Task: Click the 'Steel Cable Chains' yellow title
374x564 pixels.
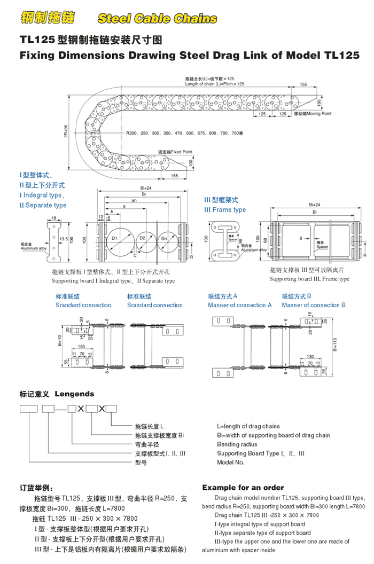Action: pyautogui.click(x=157, y=19)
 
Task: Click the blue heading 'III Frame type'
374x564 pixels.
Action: pyautogui.click(x=225, y=210)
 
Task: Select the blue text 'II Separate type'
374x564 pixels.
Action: pyautogui.click(x=43, y=205)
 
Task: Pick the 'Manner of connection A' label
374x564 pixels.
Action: pyautogui.click(x=240, y=305)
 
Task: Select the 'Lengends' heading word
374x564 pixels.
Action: pyautogui.click(x=74, y=394)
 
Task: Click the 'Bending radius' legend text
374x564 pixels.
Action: pyautogui.click(x=237, y=444)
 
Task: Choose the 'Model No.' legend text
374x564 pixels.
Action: pyautogui.click(x=231, y=463)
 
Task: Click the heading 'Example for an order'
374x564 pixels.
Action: pyautogui.click(x=243, y=488)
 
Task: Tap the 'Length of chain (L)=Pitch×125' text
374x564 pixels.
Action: pyautogui.click(x=214, y=84)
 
